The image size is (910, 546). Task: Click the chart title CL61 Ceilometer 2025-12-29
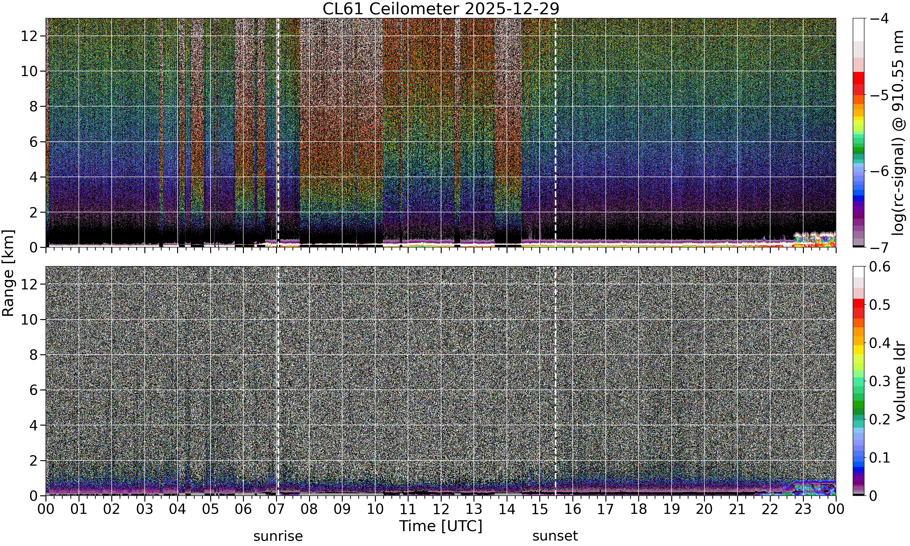point(441,9)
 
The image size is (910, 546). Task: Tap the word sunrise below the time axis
point(278,536)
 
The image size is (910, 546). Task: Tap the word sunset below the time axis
point(555,536)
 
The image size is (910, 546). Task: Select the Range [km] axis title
point(8,273)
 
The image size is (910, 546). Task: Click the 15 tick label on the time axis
point(540,509)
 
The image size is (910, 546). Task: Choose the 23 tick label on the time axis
point(803,509)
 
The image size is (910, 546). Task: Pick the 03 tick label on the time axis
point(145,509)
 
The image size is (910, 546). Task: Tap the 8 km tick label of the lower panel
point(34,355)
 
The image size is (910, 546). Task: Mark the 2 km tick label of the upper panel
point(34,213)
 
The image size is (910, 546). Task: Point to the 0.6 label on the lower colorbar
point(880,266)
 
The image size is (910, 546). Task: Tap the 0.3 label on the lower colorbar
point(880,381)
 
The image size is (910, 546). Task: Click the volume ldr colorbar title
point(900,381)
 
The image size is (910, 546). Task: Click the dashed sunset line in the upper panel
point(555,133)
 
